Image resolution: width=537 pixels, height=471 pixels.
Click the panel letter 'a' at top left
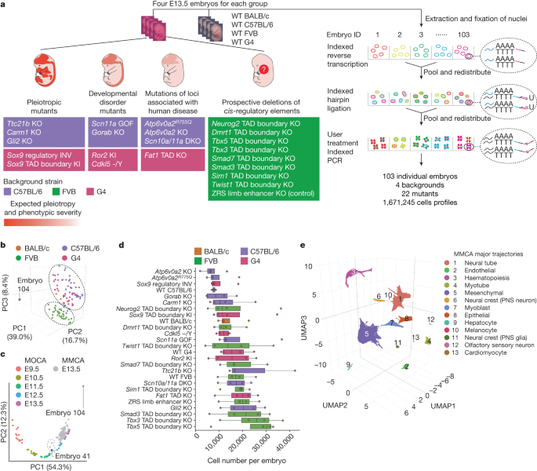click(x=5, y=6)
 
